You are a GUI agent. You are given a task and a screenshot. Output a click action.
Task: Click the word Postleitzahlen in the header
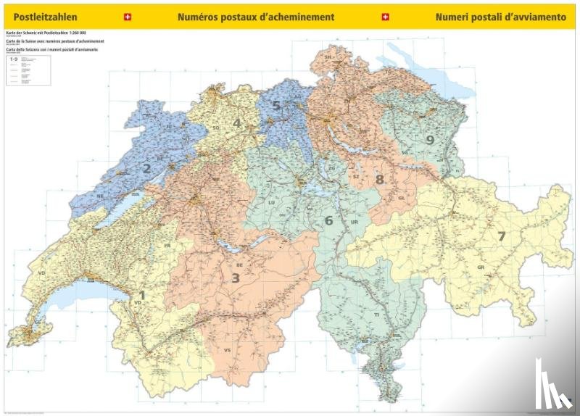tap(41, 16)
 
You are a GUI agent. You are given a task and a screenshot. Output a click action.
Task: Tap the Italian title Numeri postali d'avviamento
tap(500, 16)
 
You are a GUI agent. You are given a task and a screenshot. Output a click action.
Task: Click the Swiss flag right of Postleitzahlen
tap(128, 16)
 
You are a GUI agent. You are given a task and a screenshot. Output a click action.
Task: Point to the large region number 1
tap(142, 295)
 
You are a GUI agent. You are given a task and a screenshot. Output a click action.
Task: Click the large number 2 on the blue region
tap(146, 169)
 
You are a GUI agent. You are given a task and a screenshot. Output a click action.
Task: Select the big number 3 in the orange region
tap(235, 277)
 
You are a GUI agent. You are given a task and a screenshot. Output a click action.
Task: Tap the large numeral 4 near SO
tap(236, 123)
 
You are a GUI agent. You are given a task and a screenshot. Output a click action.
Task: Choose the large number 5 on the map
tap(276, 105)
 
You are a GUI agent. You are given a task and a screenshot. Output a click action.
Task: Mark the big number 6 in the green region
tap(328, 220)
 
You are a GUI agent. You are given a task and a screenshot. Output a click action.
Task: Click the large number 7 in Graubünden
tap(500, 236)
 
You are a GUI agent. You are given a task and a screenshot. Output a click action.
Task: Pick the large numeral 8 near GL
tap(379, 179)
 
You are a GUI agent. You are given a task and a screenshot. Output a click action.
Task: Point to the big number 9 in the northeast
tap(430, 140)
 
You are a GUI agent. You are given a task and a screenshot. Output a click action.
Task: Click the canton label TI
tap(376, 316)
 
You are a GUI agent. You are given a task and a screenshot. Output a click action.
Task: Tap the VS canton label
tap(227, 351)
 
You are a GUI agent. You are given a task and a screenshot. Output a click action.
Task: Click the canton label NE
tap(101, 196)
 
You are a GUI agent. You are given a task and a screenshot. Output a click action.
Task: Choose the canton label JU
tap(169, 126)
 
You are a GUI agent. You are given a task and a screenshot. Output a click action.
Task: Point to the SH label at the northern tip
tap(328, 56)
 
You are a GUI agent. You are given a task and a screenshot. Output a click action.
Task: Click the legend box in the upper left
tap(28, 70)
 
